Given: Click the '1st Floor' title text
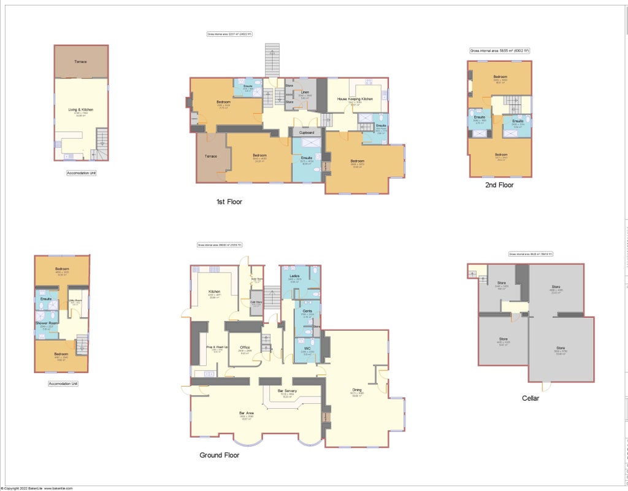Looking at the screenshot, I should click(x=229, y=201).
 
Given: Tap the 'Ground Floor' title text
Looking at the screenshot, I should click(x=219, y=455).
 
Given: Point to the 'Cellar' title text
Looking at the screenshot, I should click(x=530, y=398).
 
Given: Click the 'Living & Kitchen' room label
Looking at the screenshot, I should click(x=80, y=110).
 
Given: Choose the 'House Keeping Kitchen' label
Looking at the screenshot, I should click(x=355, y=99).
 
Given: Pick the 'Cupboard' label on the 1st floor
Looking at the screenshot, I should click(x=307, y=133).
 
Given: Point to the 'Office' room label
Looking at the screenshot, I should click(x=245, y=347).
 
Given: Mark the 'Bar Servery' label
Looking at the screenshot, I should click(x=288, y=391).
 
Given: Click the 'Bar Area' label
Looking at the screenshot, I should click(x=247, y=413).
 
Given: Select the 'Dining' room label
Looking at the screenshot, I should click(x=356, y=390).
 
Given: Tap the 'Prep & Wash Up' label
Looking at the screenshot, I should click(x=217, y=347).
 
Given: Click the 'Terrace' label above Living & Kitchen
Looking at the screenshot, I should click(x=80, y=62).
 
